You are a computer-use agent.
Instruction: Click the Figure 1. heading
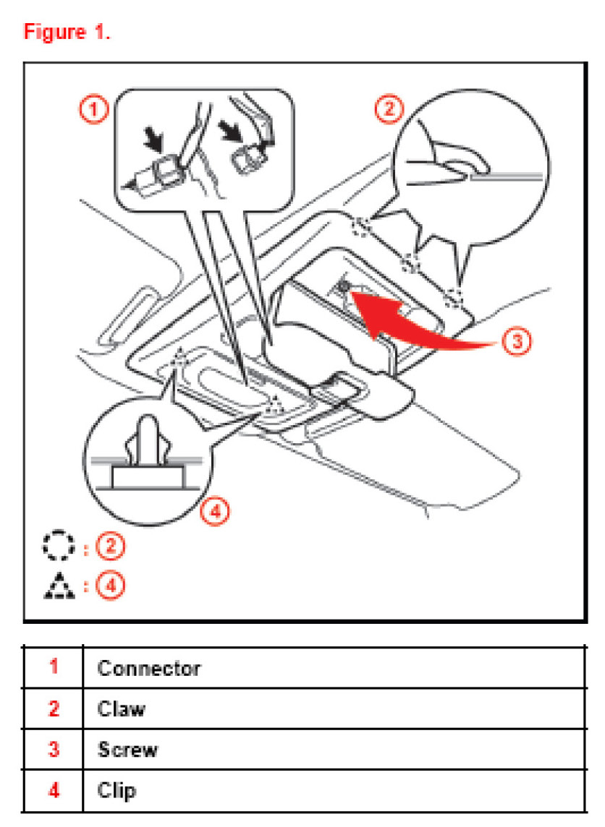67,33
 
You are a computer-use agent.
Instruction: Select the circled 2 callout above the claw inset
389,109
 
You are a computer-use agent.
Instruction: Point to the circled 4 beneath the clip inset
215,512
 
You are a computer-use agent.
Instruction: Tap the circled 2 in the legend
110,547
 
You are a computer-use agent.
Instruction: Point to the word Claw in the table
121,708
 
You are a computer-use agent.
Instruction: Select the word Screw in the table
127,749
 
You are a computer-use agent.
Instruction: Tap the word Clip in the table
117,790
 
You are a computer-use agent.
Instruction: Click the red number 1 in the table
54,667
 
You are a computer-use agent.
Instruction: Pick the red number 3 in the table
54,749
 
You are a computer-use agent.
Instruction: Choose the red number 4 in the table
54,790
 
